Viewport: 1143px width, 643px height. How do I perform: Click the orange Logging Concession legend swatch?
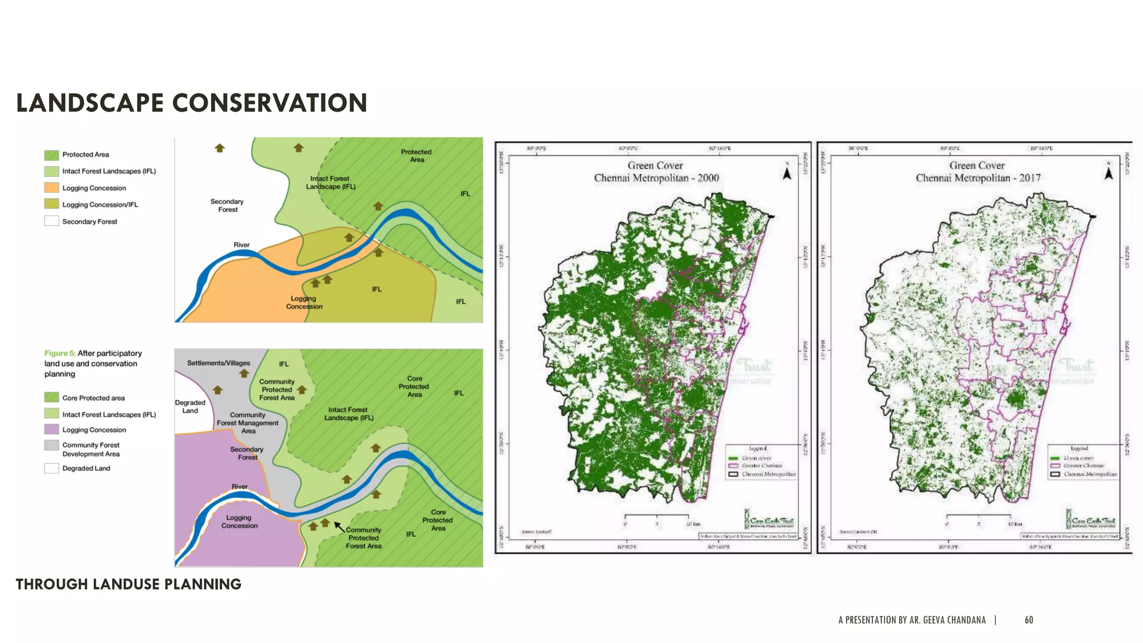tap(51, 188)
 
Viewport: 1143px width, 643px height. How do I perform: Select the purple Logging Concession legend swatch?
tap(51, 429)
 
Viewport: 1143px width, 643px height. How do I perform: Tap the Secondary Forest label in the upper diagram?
tap(227, 205)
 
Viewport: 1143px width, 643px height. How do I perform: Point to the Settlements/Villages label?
tap(218, 363)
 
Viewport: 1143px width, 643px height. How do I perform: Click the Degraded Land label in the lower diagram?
tap(190, 406)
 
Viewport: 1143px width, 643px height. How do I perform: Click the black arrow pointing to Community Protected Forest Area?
tap(339, 526)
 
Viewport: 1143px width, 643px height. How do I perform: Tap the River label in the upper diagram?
tap(241, 244)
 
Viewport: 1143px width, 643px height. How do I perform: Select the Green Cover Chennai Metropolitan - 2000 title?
tap(656, 172)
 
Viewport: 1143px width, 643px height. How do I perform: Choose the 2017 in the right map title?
tap(1030, 178)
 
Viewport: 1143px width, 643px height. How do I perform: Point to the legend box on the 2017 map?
tap(1083, 462)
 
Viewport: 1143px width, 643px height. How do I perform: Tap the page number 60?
tap(1029, 620)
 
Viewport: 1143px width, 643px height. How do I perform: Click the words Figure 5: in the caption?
tap(60, 353)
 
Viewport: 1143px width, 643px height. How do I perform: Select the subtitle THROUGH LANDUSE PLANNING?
tap(128, 584)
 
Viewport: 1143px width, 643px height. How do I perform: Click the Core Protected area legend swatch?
tap(51, 397)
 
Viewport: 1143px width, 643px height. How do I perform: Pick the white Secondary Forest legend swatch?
tap(51, 221)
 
